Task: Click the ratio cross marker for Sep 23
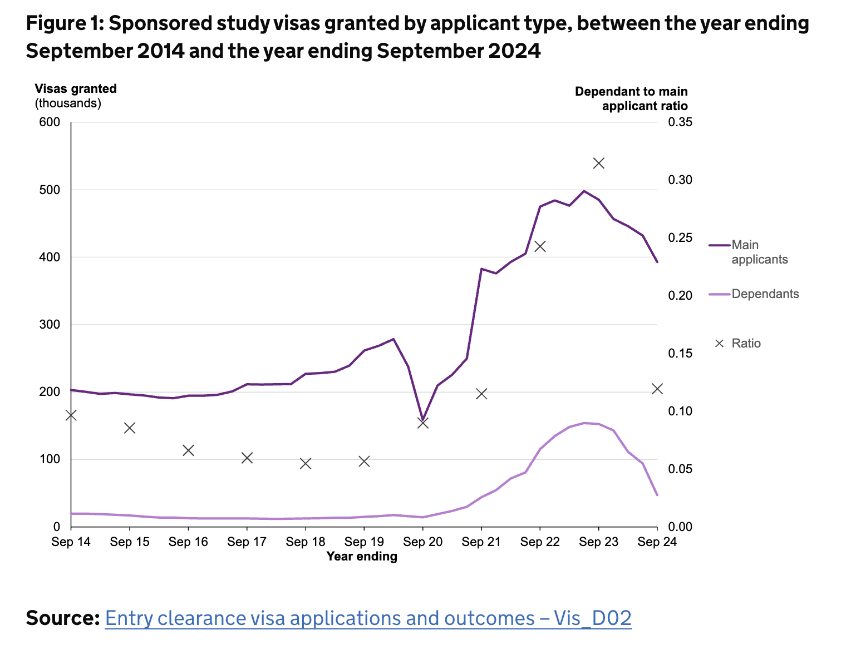point(599,163)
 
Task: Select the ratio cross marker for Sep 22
point(540,246)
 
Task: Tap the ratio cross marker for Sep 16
point(188,450)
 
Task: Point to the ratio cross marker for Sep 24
point(657,389)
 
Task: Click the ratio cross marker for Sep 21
point(481,394)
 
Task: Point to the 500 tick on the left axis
point(50,190)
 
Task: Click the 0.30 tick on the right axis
point(680,180)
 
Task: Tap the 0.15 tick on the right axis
point(680,354)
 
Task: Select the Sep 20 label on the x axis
point(422,542)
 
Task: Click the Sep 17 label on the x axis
point(247,542)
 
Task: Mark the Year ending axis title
point(362,557)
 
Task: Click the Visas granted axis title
point(76,89)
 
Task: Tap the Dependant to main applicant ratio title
point(631,98)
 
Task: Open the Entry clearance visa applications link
point(368,618)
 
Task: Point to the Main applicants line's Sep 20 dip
point(422,420)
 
